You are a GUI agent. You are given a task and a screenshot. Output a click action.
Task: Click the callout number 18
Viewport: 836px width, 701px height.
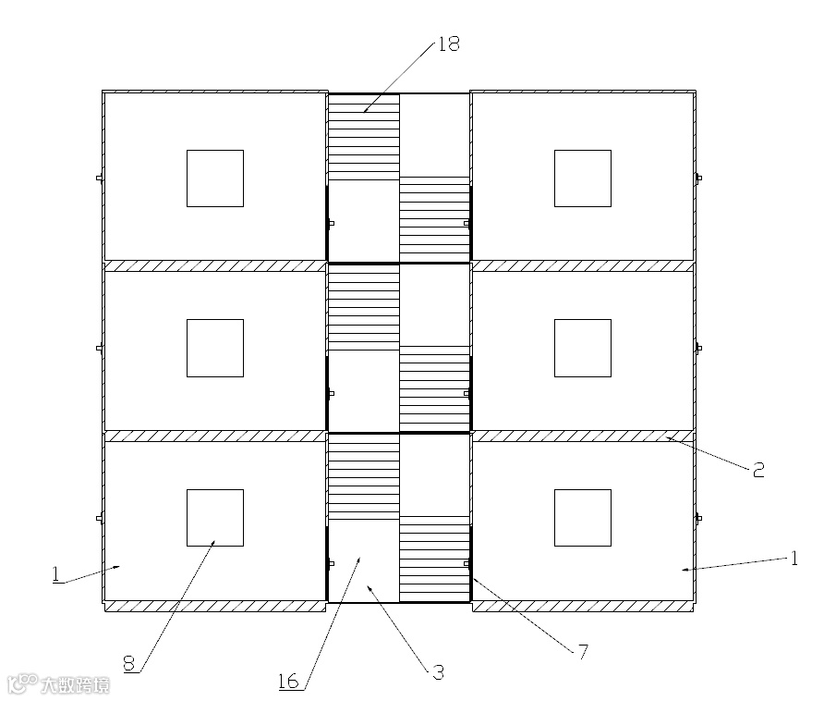449,44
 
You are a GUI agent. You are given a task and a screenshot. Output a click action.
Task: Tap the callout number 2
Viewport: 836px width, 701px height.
757,470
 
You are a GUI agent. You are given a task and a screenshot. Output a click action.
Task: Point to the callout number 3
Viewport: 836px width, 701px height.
438,672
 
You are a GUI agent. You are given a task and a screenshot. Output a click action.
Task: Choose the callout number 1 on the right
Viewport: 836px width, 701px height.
793,558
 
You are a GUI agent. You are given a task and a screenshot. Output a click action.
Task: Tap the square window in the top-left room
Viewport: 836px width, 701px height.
215,178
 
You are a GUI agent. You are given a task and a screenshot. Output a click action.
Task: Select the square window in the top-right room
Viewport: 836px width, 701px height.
582,178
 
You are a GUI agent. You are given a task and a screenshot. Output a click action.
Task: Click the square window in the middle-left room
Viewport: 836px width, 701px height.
215,348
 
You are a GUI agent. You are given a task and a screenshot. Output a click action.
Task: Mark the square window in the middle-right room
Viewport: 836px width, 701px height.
582,348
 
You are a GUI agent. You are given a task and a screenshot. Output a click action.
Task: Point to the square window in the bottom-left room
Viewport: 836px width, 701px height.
215,518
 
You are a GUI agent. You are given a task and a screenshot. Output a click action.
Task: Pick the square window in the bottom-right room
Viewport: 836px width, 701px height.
582,518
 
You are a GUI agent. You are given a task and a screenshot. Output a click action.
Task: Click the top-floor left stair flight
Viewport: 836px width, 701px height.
364,137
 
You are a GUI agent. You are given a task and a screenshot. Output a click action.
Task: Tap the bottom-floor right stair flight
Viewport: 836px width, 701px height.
434,559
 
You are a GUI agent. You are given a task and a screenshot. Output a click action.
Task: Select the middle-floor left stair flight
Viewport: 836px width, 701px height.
364,307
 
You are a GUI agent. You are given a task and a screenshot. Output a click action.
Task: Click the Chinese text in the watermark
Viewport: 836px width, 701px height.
76,685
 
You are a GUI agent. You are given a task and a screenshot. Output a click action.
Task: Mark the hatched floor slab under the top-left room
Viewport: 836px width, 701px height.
215,265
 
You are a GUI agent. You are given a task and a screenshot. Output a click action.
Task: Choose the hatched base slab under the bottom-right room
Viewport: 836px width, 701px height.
582,607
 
